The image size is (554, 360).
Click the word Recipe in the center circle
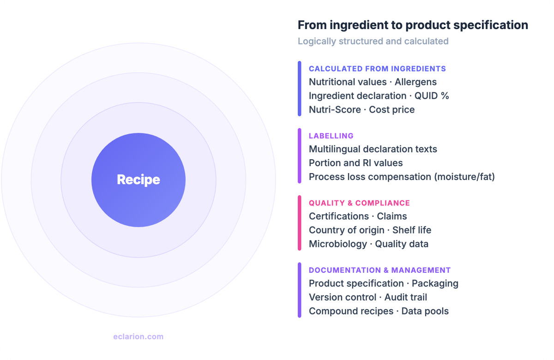(x=138, y=180)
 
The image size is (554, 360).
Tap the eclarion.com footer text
(x=138, y=336)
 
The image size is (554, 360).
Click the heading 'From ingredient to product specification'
(x=413, y=25)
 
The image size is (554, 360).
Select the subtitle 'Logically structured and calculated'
(x=373, y=41)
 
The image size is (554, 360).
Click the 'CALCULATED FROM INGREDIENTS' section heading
(x=377, y=69)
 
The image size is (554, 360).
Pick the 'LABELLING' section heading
(x=331, y=136)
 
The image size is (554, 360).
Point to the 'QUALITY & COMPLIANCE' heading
(x=359, y=203)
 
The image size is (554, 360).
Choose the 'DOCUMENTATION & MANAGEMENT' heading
(x=379, y=270)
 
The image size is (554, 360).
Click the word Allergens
(x=415, y=82)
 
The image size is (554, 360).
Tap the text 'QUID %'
(x=432, y=96)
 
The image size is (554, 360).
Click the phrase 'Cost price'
(x=391, y=110)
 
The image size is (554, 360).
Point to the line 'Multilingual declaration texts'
(x=373, y=149)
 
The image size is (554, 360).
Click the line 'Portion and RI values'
(x=355, y=163)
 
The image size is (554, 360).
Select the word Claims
(x=392, y=216)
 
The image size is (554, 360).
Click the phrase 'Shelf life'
(x=412, y=230)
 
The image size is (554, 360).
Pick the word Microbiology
(x=337, y=244)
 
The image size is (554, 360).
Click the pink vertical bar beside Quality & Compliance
(x=299, y=223)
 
